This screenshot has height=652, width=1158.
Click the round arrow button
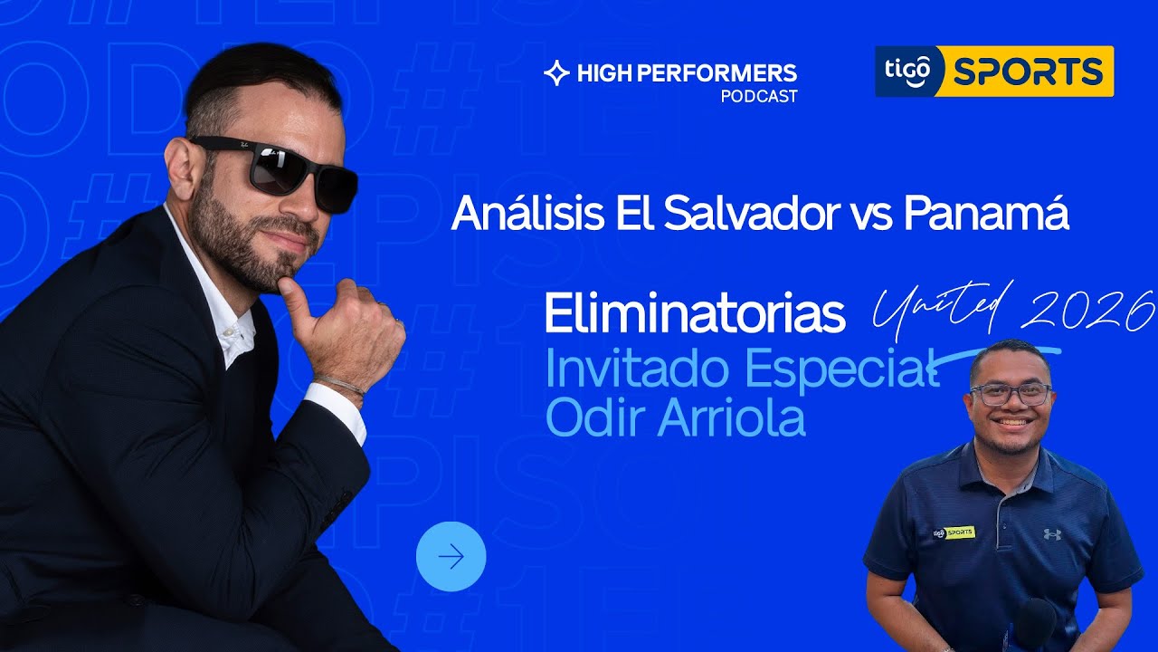(x=451, y=556)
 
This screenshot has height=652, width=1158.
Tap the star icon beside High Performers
(x=555, y=73)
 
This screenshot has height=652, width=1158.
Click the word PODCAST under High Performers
(x=759, y=96)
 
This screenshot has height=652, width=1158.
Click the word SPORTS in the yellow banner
(x=1028, y=71)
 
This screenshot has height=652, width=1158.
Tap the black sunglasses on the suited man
(x=280, y=169)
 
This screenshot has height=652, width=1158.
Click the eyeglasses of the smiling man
(x=1011, y=394)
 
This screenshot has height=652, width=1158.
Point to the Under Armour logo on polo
(x=1051, y=534)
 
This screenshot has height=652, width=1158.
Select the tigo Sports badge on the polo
(x=954, y=532)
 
